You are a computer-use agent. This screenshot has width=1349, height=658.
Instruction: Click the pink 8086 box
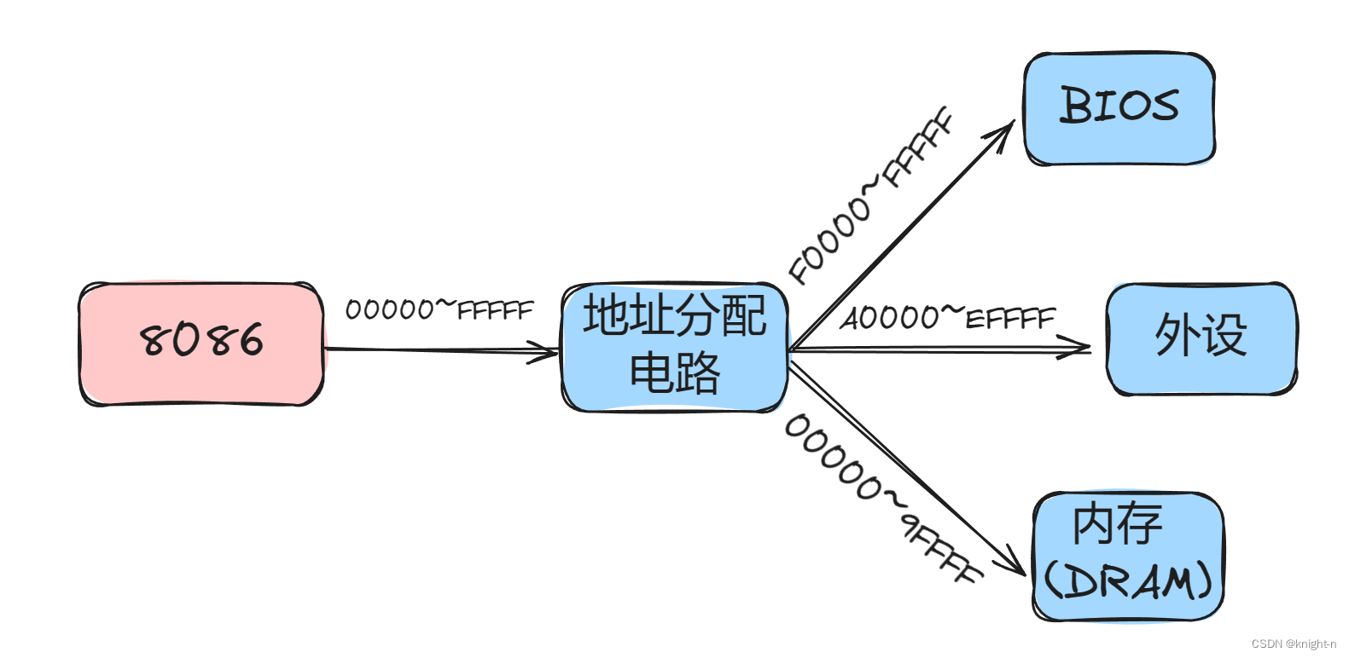pos(201,343)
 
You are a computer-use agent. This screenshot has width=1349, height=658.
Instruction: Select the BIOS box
pos(1119,109)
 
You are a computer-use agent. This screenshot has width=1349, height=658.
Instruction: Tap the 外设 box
pos(1201,338)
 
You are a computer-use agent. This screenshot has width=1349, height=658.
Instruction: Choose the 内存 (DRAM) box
pos(1128,556)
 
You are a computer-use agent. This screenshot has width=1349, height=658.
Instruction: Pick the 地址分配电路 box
pos(674,347)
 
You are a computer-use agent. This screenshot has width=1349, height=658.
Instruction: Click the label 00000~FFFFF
pos(439,309)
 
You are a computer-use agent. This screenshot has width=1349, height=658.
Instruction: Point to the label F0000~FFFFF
pos(870,195)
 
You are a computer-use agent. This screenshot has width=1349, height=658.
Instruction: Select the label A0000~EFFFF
pos(947,318)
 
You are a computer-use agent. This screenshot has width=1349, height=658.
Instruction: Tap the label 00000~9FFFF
pos(883,498)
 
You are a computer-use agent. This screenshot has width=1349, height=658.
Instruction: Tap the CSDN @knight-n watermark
pos(1294,644)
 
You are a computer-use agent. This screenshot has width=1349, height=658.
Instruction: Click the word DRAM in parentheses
pos(1128,582)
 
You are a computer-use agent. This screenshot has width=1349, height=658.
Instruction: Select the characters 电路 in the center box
pos(674,372)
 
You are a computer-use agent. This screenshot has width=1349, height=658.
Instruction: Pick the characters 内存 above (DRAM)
pos(1118,523)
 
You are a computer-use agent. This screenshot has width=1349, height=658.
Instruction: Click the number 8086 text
pos(201,340)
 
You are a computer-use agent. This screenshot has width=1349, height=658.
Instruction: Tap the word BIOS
pos(1119,106)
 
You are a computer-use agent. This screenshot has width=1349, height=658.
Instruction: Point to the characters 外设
pos(1201,334)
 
